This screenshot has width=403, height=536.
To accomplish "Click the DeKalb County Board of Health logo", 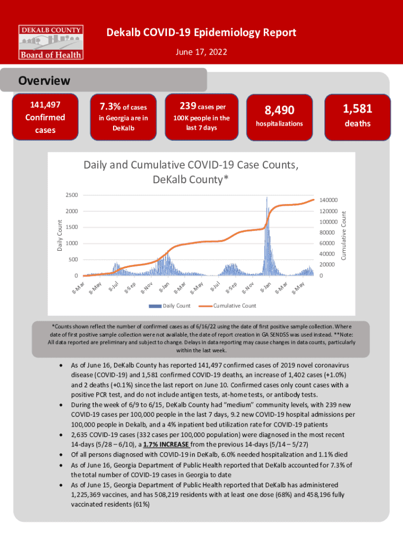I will pyautogui.click(x=51, y=41).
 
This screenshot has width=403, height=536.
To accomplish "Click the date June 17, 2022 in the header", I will pyautogui.click(x=201, y=53).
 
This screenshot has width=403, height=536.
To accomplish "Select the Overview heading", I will pyautogui.click(x=44, y=81).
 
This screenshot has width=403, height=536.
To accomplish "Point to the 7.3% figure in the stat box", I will pyautogui.click(x=110, y=107).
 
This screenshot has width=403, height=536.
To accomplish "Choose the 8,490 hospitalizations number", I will pyautogui.click(x=279, y=110).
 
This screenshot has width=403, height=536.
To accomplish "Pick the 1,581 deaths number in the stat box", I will pyautogui.click(x=357, y=108).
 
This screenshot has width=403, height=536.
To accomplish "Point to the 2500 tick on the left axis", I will pyautogui.click(x=72, y=195).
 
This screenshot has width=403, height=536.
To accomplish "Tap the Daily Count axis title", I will pyautogui.click(x=60, y=234).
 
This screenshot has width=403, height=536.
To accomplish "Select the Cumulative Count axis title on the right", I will pyautogui.click(x=344, y=234).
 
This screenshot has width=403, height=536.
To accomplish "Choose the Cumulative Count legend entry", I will pyautogui.click(x=234, y=305).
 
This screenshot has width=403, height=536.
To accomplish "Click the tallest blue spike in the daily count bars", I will pyautogui.click(x=267, y=199).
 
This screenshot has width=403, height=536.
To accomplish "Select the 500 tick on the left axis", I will pyautogui.click(x=73, y=260).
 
